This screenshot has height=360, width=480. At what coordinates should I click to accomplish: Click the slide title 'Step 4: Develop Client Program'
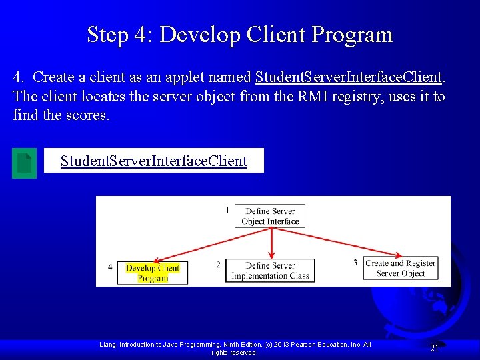pos(239,34)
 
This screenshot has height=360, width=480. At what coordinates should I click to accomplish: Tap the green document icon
pos(25,163)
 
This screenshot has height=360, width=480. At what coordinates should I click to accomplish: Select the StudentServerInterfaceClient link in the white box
pos(153,161)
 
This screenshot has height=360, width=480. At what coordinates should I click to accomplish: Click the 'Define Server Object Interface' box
pos(270,216)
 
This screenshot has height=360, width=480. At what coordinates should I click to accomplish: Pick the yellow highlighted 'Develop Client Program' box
pos(153,273)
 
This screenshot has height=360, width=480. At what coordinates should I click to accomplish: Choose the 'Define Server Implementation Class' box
pos(270,271)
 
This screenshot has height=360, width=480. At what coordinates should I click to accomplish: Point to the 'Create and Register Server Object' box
pos(400,268)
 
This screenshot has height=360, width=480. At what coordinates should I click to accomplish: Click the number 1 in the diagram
pos(227,210)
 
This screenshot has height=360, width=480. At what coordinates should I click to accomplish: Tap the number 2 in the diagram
pos(218,265)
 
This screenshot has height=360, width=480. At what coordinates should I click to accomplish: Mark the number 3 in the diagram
pos(355,263)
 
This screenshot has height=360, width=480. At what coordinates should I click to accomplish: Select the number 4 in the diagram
pos(110,267)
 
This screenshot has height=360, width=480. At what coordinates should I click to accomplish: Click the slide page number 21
pos(434,348)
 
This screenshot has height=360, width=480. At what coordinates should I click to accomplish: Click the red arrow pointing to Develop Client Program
pos(207,245)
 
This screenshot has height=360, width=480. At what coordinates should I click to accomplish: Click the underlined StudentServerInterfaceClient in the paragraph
pos(348,78)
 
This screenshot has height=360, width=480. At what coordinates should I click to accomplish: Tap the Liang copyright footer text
pos(235,348)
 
